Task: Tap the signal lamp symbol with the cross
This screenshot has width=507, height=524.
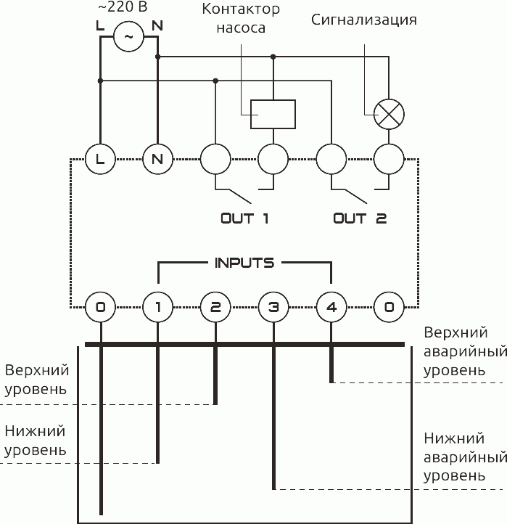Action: [x=389, y=114]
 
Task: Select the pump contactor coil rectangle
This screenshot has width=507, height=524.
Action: [x=273, y=114]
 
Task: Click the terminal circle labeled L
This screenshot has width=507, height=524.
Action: [x=100, y=158]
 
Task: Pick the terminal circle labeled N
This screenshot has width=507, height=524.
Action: [x=157, y=158]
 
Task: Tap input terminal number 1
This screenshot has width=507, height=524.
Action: [x=157, y=307]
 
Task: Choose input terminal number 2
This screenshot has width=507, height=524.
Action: [x=215, y=307]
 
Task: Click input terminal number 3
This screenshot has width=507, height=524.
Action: [x=273, y=307]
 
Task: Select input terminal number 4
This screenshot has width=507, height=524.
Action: [x=331, y=307]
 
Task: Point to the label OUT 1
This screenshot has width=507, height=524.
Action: [x=244, y=218]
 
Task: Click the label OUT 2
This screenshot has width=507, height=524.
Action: [x=360, y=218]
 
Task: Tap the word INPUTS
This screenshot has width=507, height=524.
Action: [x=244, y=263]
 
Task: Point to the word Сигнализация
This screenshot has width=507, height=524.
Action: [x=364, y=20]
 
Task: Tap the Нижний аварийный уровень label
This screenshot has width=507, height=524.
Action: [x=464, y=458]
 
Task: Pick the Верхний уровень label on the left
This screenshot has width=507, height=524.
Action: [x=36, y=380]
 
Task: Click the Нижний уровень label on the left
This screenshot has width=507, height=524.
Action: [x=36, y=441]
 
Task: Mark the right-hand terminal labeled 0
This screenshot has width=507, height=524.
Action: [x=389, y=307]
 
